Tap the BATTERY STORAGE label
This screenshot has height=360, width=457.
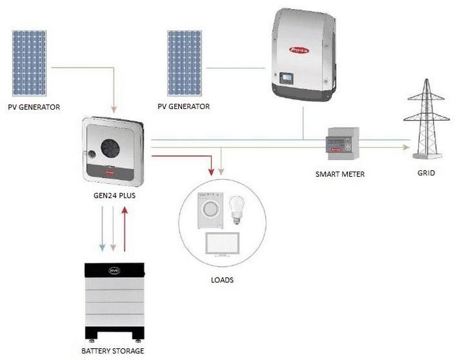pyautogui.click(x=112, y=351)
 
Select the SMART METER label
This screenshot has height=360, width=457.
pyautogui.click(x=339, y=174)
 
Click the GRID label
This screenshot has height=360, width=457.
pyautogui.click(x=425, y=174)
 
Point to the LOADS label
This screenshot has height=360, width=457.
pyautogui.click(x=223, y=280)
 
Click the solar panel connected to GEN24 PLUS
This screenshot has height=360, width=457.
pyautogui.click(x=29, y=62)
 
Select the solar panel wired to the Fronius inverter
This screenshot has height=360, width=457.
pyautogui.click(x=187, y=62)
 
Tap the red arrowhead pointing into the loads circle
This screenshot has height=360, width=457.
pyautogui.click(x=210, y=172)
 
